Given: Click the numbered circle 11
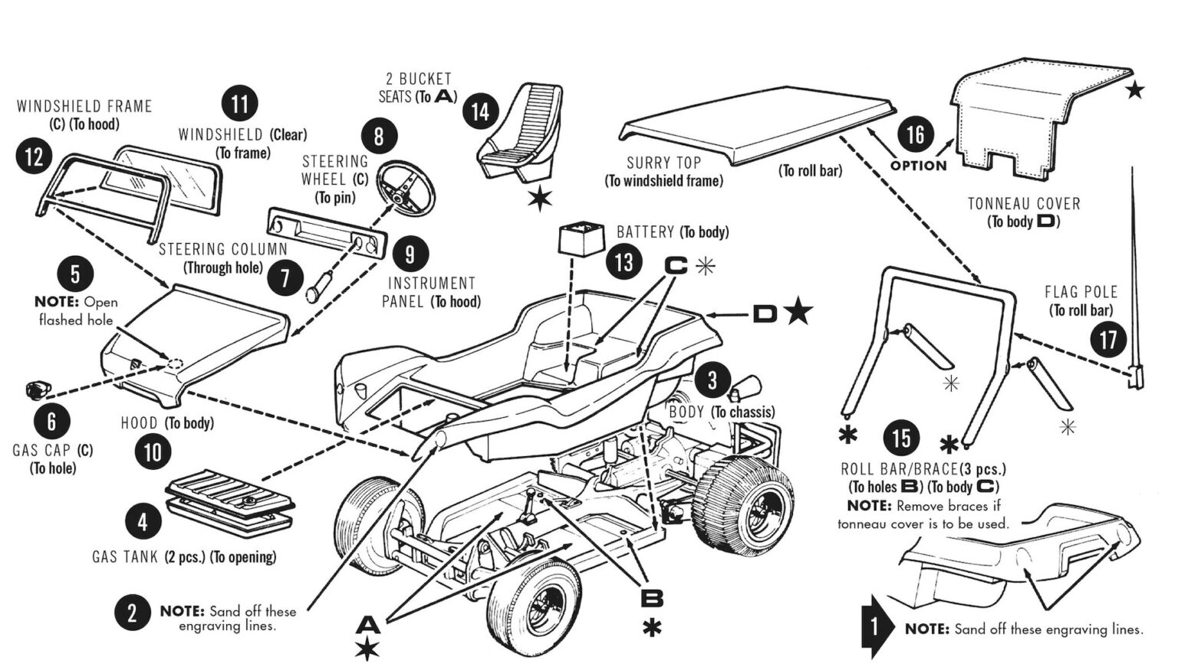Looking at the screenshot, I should tap(239, 104).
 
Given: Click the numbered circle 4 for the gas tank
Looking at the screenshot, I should tap(143, 522).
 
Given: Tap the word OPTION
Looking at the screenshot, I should tap(918, 166).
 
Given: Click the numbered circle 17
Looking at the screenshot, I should tap(1107, 339).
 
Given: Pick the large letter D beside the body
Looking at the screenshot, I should tap(765, 314).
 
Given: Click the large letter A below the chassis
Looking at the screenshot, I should tap(368, 626).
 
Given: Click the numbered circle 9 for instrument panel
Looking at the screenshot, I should tap(410, 255).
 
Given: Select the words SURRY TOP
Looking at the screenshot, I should tap(663, 163).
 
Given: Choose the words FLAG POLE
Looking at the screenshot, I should tap(1081, 292).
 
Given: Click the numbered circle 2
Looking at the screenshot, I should tap(132, 613).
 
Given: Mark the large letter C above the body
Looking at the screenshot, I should tap(676, 266).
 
